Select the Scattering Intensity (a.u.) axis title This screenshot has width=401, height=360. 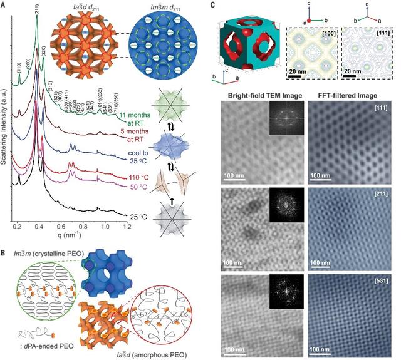5,113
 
